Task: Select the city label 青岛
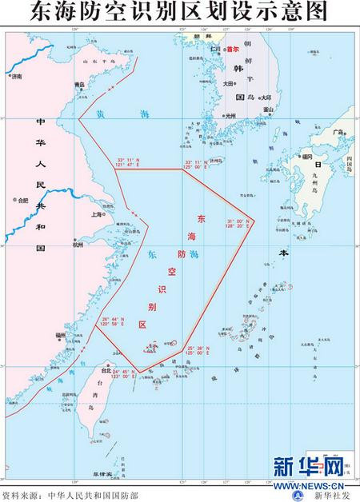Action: coord(78,84)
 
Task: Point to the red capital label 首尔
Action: coord(234,49)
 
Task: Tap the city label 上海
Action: coord(97,214)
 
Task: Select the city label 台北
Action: coord(106,372)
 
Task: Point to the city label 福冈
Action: coord(307,157)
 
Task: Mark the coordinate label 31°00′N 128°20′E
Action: coord(239,224)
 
